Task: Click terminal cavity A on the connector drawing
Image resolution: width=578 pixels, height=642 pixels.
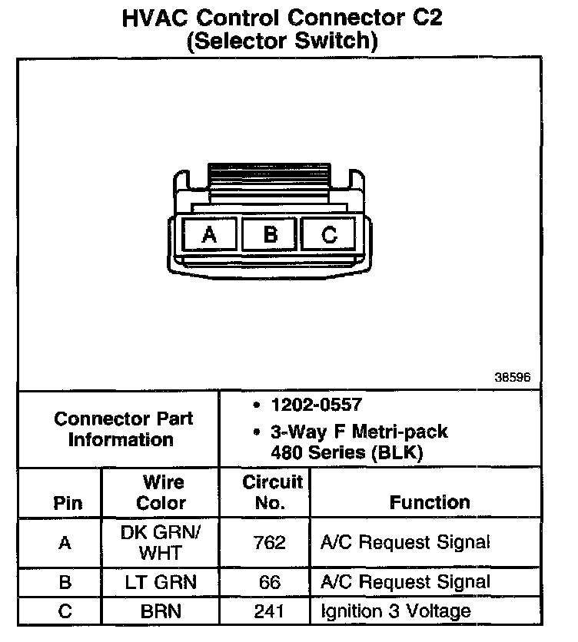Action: pos(209,233)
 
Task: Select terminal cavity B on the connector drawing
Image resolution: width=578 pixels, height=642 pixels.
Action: pos(269,233)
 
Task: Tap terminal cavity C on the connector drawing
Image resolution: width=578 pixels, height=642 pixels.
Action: pos(329,233)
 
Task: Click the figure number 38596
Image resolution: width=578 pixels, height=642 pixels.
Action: pos(513,378)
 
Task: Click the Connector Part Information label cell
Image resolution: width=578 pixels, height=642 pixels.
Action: pos(123,429)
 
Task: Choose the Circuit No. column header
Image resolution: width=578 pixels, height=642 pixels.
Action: pos(272,493)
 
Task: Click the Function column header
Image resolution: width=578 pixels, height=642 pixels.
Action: pos(430,502)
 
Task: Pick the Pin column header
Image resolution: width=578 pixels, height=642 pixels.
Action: pos(68,504)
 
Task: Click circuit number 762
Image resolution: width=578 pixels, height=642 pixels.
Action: pos(270,543)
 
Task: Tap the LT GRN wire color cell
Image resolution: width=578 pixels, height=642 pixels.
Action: pos(161,583)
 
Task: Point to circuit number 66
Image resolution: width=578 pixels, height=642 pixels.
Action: pos(270,583)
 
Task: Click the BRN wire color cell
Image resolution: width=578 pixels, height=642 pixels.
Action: pos(161,612)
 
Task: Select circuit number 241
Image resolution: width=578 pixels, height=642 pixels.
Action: pos(270,612)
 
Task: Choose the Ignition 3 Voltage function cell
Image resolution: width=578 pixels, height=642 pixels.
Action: pos(396,612)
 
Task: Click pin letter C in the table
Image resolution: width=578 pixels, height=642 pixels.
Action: pos(65,612)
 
